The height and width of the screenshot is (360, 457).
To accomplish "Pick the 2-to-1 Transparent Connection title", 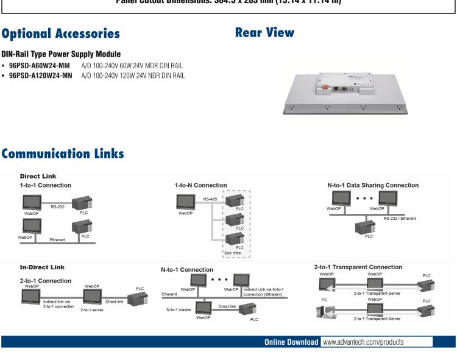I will click(x=358, y=267).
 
